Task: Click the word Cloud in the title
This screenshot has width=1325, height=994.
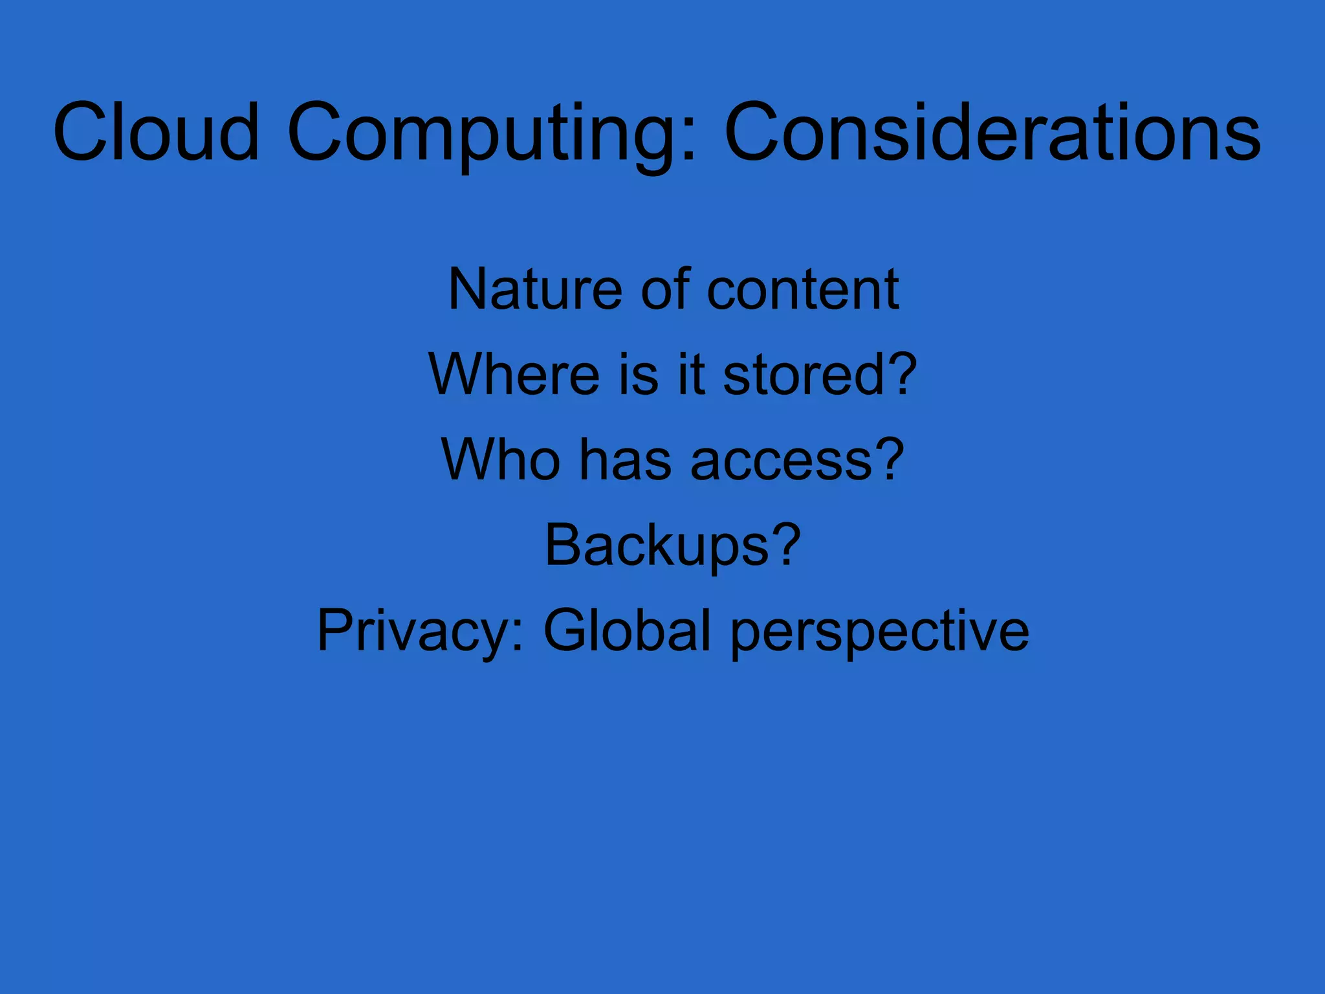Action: pyautogui.click(x=156, y=132)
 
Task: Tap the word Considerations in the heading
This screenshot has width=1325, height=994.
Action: pyautogui.click(x=992, y=132)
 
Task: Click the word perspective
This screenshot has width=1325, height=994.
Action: pyautogui.click(x=880, y=632)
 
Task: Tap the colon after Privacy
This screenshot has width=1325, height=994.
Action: pyautogui.click(x=517, y=637)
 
